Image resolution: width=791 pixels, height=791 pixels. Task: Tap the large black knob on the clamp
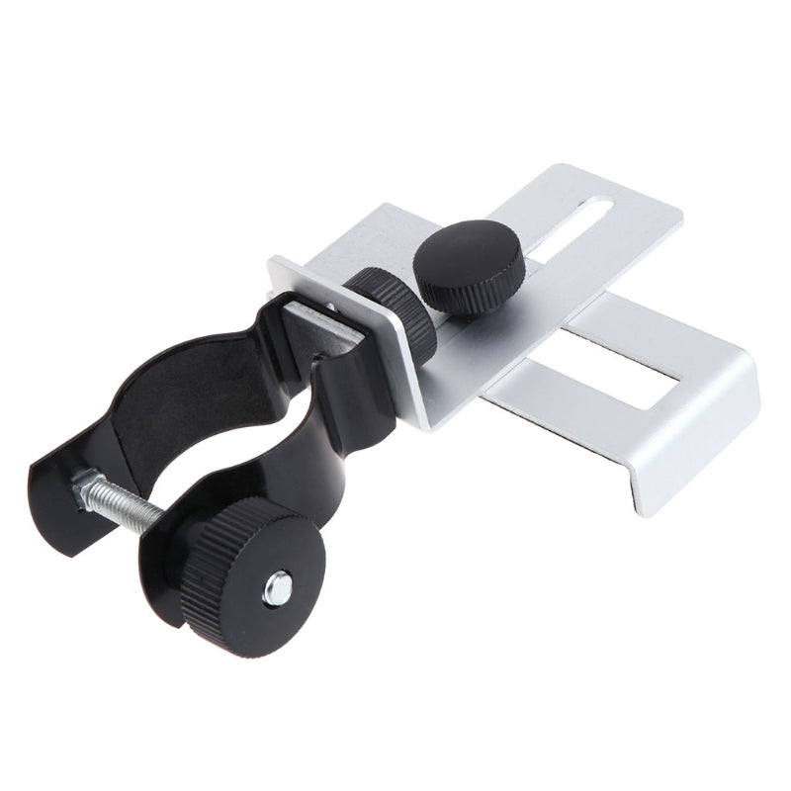[255, 568]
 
